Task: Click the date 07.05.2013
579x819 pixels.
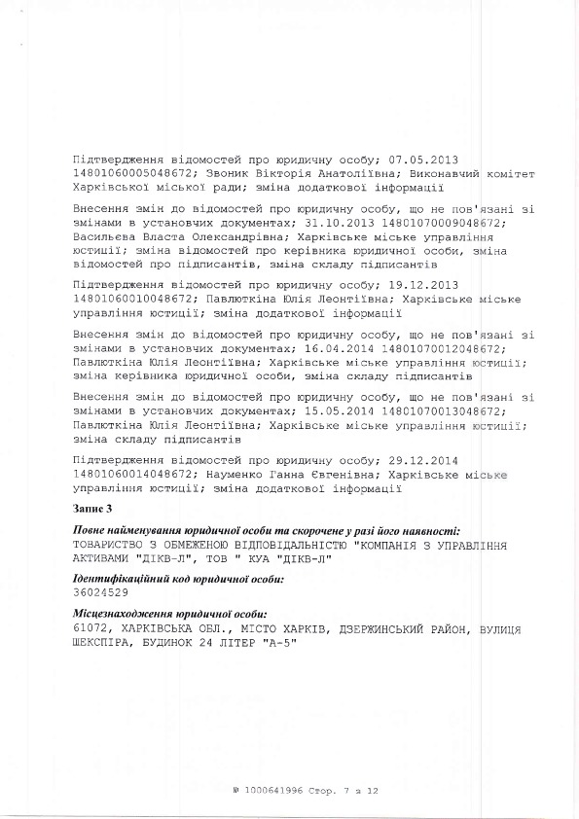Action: pos(423,159)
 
